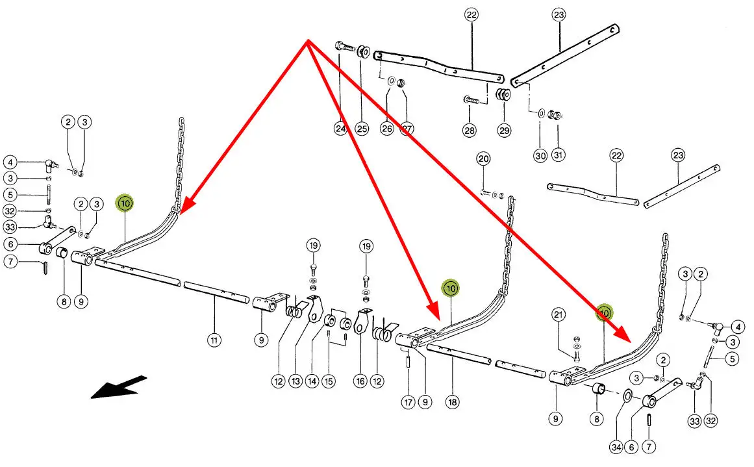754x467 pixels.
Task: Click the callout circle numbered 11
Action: click(x=214, y=338)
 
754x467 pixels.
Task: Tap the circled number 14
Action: click(x=313, y=381)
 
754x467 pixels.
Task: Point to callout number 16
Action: click(x=360, y=381)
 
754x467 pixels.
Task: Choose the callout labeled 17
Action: click(x=407, y=403)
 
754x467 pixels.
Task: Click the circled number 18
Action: click(x=452, y=403)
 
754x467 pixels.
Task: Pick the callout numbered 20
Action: click(x=483, y=159)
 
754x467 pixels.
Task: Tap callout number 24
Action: click(x=340, y=129)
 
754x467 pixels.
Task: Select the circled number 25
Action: click(x=362, y=129)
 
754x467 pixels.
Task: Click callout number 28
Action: click(x=470, y=130)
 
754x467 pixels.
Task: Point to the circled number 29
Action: click(x=505, y=130)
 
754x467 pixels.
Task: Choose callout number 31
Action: click(x=559, y=155)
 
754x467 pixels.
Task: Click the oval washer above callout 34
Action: click(x=627, y=397)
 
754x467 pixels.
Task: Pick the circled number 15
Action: click(x=329, y=381)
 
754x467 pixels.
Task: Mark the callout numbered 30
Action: click(x=540, y=155)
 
